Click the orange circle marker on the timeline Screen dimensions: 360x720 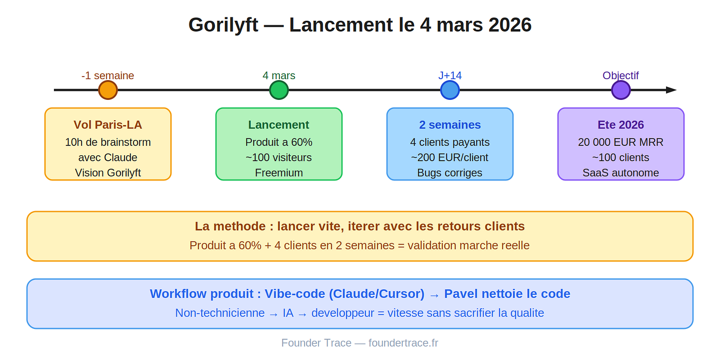pyautogui.click(x=108, y=90)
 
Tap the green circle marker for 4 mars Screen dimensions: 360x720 pyautogui.click(x=279, y=90)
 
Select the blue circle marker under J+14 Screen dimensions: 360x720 pyautogui.click(x=450, y=90)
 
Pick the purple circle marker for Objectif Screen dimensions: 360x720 pyautogui.click(x=621, y=90)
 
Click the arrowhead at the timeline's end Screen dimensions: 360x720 pyautogui.click(x=671, y=90)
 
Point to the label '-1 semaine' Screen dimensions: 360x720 pyautogui.click(x=108, y=76)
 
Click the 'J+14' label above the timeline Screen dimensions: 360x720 pyautogui.click(x=450, y=76)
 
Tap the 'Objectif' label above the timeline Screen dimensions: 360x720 pyautogui.click(x=621, y=76)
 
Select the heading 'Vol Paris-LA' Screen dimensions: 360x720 pyautogui.click(x=108, y=125)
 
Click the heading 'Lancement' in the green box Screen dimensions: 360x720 pyautogui.click(x=279, y=125)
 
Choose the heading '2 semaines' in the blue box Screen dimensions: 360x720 pyautogui.click(x=450, y=125)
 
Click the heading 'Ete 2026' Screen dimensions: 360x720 pyautogui.click(x=621, y=125)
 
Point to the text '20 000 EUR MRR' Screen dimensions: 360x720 pyautogui.click(x=621, y=142)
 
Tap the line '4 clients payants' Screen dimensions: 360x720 pyautogui.click(x=450, y=142)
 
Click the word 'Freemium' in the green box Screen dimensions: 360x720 pyautogui.click(x=279, y=173)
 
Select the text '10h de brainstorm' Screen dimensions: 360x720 pyautogui.click(x=108, y=142)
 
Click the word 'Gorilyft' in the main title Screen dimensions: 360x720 pyautogui.click(x=223, y=25)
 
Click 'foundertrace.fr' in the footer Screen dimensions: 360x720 pyautogui.click(x=403, y=343)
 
